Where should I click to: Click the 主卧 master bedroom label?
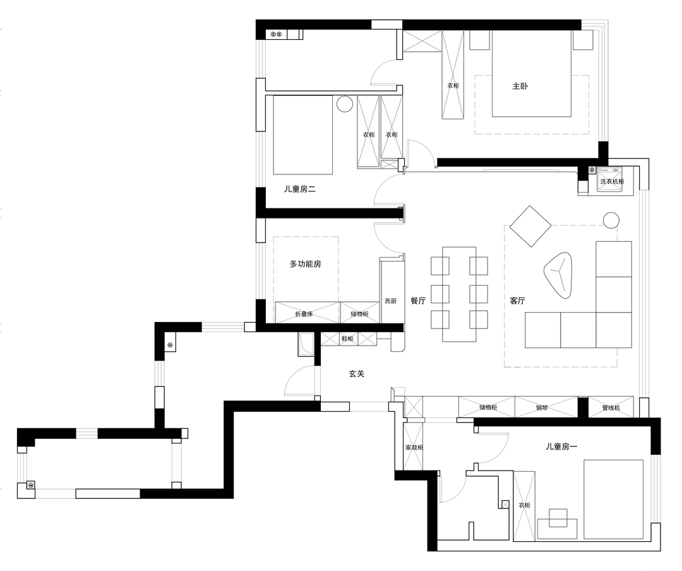point(520,86)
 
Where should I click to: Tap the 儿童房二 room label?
point(300,189)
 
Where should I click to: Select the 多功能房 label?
point(306,264)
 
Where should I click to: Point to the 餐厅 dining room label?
point(418,300)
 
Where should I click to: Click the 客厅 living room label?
point(517,300)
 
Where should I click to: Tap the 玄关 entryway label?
point(356,373)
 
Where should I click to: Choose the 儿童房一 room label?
point(561,447)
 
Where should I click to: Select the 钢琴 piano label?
point(542,408)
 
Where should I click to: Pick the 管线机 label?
point(611,408)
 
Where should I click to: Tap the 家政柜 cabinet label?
point(414,447)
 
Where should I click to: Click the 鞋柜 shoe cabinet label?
point(347,339)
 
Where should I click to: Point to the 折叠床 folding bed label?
point(304,314)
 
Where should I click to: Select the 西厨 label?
point(391,301)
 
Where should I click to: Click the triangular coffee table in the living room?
point(558,275)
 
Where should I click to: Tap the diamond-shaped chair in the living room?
point(530,226)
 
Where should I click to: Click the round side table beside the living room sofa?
point(611,220)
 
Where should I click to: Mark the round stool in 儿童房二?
point(345,104)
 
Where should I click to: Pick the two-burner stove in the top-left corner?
point(277,34)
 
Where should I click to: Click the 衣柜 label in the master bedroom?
point(453,86)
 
